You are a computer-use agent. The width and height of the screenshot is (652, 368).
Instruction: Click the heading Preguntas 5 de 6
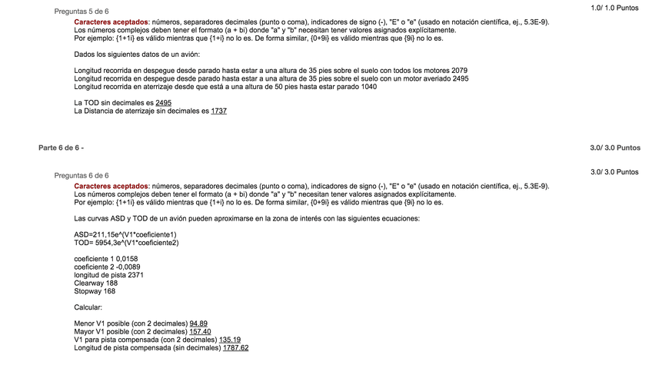pyautogui.click(x=81, y=12)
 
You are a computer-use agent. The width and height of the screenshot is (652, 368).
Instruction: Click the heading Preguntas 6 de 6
pyautogui.click(x=81, y=175)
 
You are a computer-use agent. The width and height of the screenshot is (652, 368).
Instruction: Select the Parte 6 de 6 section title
pyautogui.click(x=61, y=147)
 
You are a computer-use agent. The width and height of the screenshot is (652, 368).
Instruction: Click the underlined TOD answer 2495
pyautogui.click(x=163, y=102)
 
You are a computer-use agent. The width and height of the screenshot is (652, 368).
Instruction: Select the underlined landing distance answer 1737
pyautogui.click(x=218, y=111)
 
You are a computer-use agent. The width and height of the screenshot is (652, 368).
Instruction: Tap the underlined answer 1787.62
pyautogui.click(x=235, y=348)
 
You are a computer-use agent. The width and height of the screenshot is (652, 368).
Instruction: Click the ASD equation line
pyautogui.click(x=125, y=234)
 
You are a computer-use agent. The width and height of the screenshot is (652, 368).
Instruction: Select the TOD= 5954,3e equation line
pyautogui.click(x=126, y=243)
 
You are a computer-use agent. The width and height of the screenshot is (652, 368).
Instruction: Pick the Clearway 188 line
pyautogui.click(x=96, y=283)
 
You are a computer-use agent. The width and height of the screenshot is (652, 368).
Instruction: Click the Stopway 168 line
pyautogui.click(x=95, y=291)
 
